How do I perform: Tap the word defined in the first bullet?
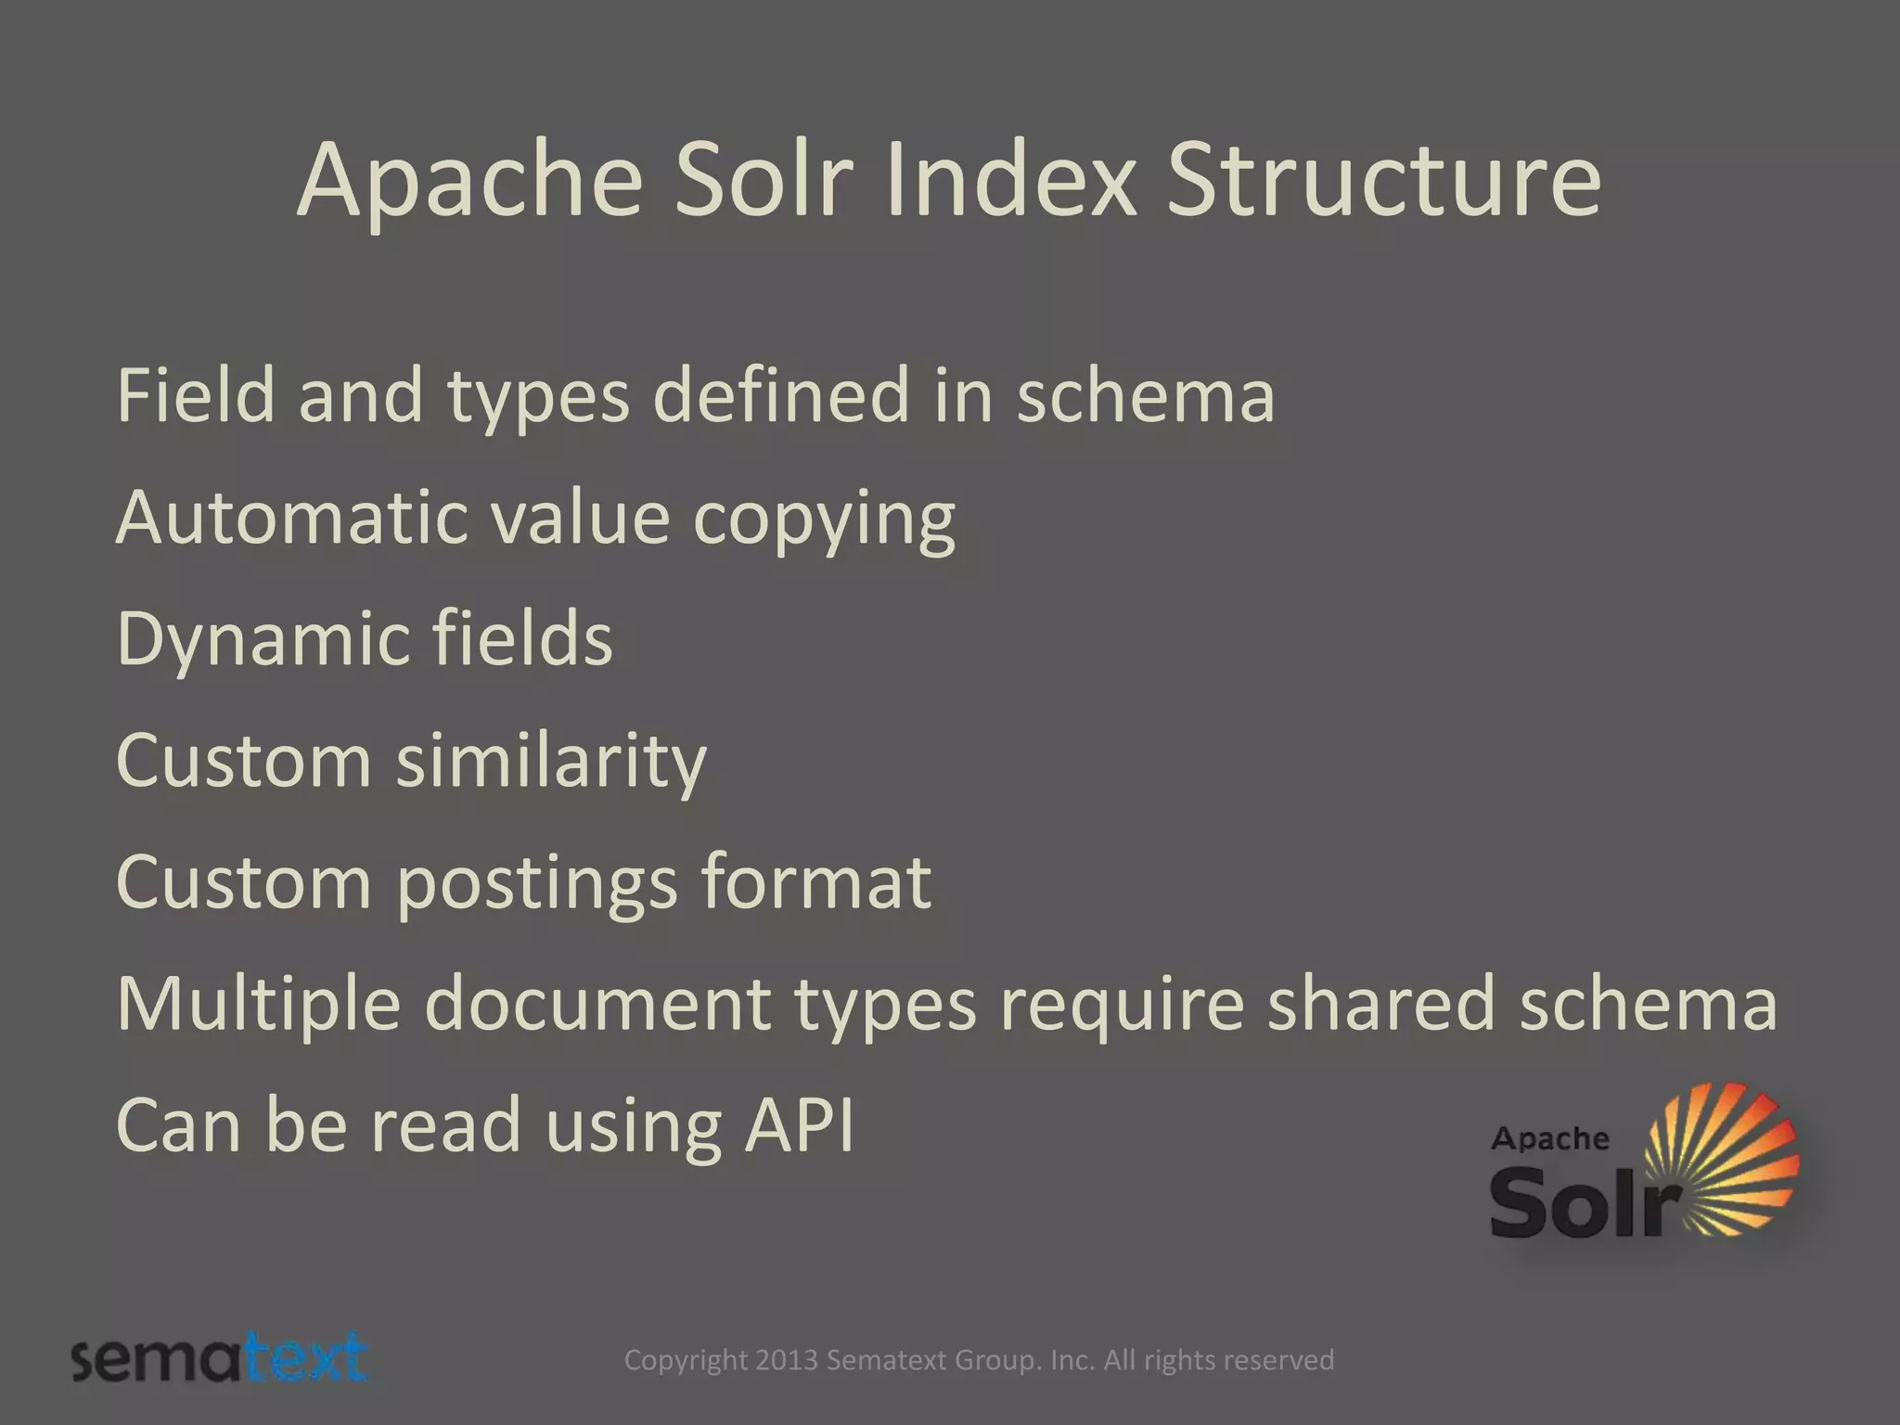tap(781, 395)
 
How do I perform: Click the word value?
tap(580, 518)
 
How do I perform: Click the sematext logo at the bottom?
tap(220, 1358)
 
